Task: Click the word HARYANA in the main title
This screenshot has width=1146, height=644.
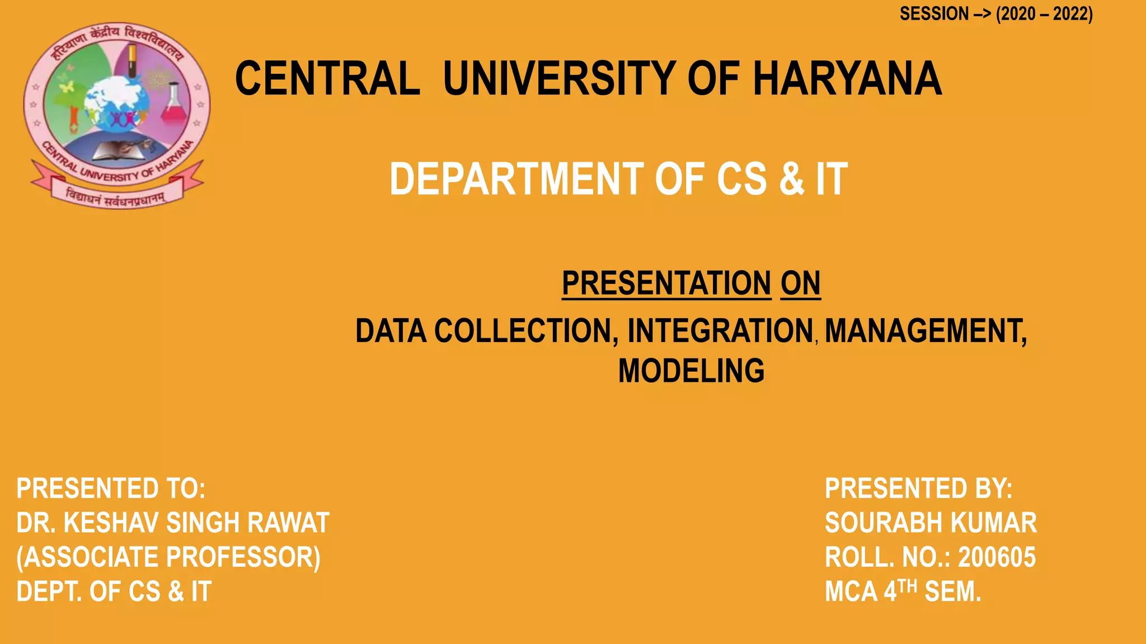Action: [x=847, y=79]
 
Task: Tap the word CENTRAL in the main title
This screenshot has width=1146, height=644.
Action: [x=327, y=79]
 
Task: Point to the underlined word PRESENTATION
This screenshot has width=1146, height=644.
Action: [x=666, y=283]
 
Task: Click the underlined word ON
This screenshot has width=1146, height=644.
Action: [x=800, y=283]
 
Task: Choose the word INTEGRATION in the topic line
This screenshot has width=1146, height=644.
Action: [x=720, y=331]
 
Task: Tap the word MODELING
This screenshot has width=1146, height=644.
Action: [x=691, y=371]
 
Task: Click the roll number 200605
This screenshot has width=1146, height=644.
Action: [x=997, y=557]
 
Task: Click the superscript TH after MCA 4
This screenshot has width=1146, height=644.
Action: [x=908, y=585]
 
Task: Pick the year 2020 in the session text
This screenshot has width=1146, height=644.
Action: [x=1018, y=14]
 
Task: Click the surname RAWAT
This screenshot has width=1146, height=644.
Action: [x=288, y=523]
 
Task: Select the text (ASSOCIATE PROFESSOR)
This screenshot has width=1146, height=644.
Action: [x=168, y=557]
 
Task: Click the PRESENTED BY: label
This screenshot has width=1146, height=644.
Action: [x=918, y=489]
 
